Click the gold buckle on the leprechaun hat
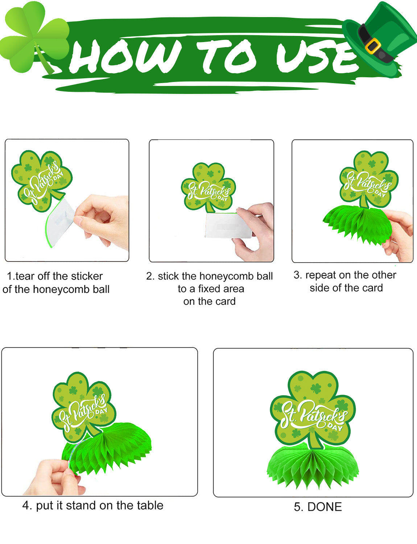[373, 46]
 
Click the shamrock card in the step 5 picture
[313, 411]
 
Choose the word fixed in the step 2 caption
[209, 289]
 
